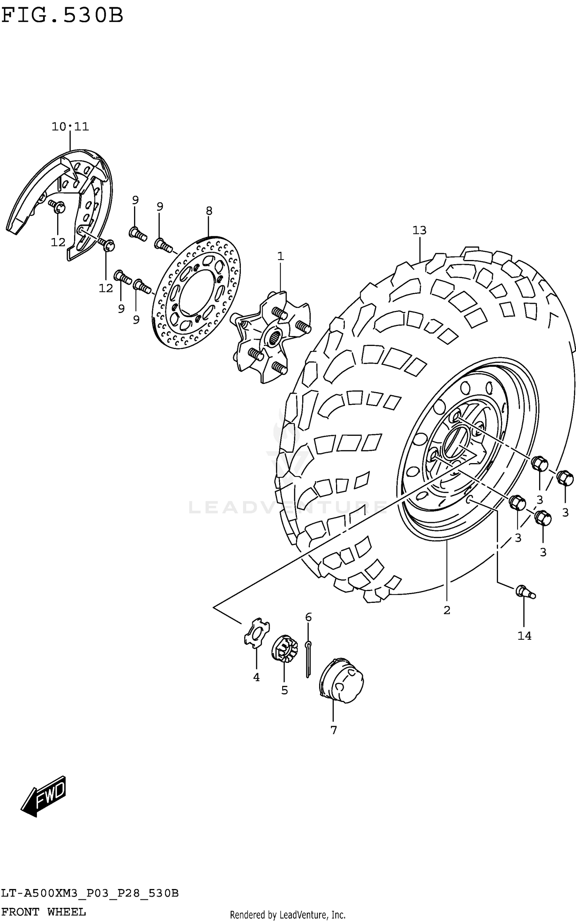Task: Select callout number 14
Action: pos(524,636)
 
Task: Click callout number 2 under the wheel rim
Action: pos(447,610)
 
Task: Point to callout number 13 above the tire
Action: pos(419,230)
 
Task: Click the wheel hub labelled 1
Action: pos(271,336)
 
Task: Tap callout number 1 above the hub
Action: pos(280,256)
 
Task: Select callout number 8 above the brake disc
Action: pos(209,210)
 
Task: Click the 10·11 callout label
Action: pos(70,126)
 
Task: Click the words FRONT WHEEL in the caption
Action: pos(43,912)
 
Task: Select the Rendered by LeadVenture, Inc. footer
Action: pos(288,915)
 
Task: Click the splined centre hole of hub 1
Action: pos(275,338)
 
